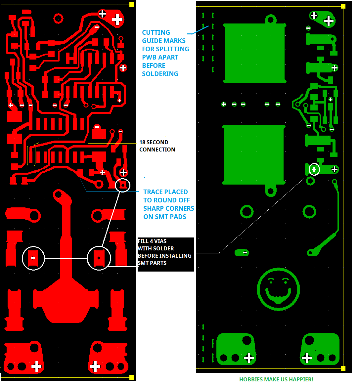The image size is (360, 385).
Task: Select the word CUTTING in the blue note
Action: click(156, 32)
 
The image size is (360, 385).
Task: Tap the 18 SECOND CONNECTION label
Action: click(157, 146)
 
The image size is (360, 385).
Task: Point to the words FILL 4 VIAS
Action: click(152, 241)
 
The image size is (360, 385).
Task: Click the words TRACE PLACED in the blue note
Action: click(165, 192)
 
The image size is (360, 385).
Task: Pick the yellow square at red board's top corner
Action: click(132, 5)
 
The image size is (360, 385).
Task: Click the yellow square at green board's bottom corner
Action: click(343, 368)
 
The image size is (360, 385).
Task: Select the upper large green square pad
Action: click(254, 53)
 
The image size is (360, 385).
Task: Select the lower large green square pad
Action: click(254, 155)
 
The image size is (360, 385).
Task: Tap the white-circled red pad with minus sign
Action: click(33, 258)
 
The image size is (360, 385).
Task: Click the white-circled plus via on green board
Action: click(314, 170)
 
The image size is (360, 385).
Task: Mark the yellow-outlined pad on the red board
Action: click(31, 155)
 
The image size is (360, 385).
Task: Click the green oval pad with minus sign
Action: click(242, 253)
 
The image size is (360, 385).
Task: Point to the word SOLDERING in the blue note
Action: click(160, 74)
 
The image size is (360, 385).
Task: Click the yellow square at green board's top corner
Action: click(343, 6)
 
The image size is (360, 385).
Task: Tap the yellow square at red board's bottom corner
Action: click(132, 377)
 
